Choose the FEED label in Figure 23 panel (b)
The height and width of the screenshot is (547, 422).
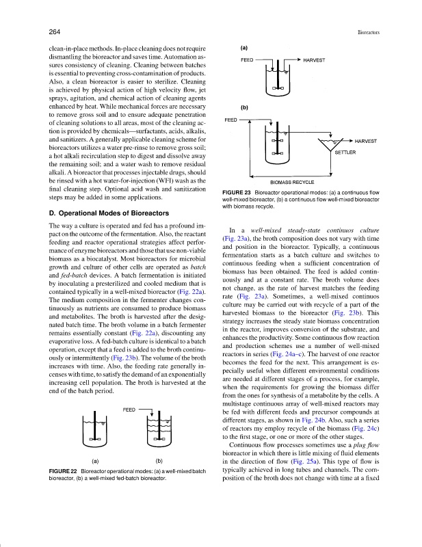pyautogui.click(x=231, y=120)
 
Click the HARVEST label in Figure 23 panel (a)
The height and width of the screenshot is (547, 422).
pyautogui.click(x=314, y=60)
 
